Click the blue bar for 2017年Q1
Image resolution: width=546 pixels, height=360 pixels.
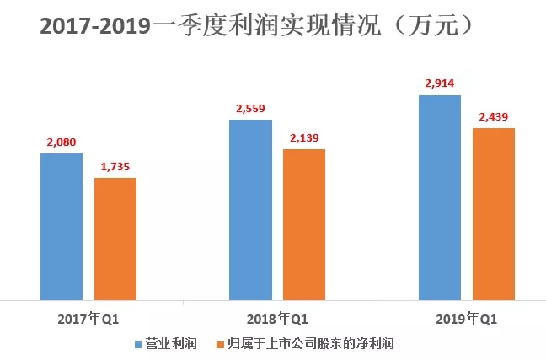coord(62,226)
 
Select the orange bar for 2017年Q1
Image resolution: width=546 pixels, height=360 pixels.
coord(115,239)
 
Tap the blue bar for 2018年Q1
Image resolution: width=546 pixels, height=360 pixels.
coord(250,209)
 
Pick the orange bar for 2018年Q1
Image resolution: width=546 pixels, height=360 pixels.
coord(303,224)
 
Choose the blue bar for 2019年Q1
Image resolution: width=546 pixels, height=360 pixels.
coord(440,197)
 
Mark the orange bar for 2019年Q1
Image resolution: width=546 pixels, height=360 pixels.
coord(493,213)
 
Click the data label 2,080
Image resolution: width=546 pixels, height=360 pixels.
coord(61,142)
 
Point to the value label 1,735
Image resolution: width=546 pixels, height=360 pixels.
coord(115,166)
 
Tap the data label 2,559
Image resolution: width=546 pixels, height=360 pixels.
coord(250,108)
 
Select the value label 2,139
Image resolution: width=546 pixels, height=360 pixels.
coord(303,137)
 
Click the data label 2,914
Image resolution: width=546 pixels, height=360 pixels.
coord(440,83)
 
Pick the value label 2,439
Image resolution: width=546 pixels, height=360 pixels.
coord(493,116)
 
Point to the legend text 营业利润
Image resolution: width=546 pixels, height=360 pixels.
coord(173,344)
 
